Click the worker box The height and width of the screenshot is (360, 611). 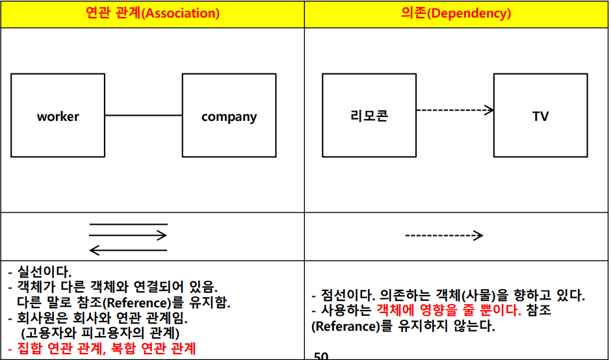[58, 116]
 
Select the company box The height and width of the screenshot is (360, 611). [229, 116]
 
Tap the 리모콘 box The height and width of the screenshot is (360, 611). [369, 116]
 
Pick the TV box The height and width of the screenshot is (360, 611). [540, 116]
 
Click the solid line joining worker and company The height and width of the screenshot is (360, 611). [143, 116]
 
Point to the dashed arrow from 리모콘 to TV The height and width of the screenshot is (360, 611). [454, 110]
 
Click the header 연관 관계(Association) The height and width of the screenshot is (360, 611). [152, 13]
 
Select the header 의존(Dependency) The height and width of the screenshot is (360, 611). [456, 13]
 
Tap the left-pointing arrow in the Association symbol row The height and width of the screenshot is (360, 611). [128, 249]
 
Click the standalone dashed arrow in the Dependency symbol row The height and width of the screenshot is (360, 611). [444, 235]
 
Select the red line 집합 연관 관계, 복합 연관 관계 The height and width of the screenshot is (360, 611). [105, 348]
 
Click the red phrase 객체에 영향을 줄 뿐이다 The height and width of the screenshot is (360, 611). [448, 311]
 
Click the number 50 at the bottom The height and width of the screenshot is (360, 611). [321, 355]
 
